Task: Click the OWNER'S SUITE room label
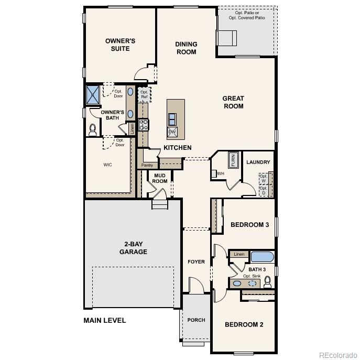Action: pyautogui.click(x=120, y=45)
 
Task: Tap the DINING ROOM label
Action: pyautogui.click(x=186, y=48)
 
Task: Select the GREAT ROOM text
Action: pyautogui.click(x=233, y=102)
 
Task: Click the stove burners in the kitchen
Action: pyautogui.click(x=143, y=125)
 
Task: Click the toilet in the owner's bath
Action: pyautogui.click(x=93, y=129)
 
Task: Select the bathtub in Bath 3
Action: pyautogui.click(x=262, y=257)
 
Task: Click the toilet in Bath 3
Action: pyautogui.click(x=268, y=282)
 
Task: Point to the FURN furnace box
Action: pyautogui.click(x=233, y=160)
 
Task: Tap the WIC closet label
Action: pyautogui.click(x=107, y=165)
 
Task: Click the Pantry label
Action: pyautogui.click(x=147, y=165)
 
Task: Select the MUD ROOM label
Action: pyautogui.click(x=160, y=178)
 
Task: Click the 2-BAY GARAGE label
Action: pyautogui.click(x=135, y=248)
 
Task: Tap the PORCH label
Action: pyautogui.click(x=196, y=320)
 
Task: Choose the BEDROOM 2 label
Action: pyautogui.click(x=244, y=324)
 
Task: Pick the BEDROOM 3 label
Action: pyautogui.click(x=249, y=225)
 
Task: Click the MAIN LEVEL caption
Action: pyautogui.click(x=105, y=320)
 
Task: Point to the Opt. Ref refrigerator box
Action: pyautogui.click(x=144, y=94)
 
